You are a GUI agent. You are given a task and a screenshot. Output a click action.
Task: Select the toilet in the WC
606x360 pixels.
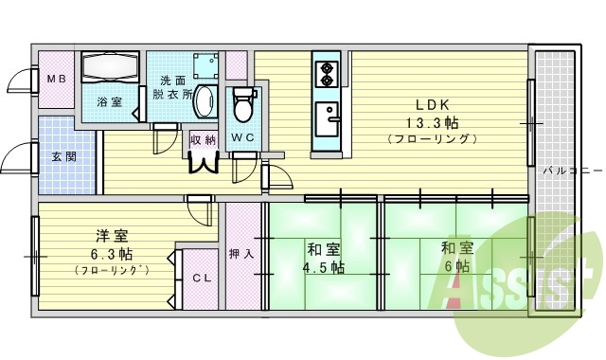[x=243, y=105]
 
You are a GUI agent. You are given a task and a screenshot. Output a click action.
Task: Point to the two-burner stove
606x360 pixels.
[x=328, y=72]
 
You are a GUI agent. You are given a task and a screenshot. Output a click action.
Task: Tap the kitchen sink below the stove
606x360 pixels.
[x=328, y=117]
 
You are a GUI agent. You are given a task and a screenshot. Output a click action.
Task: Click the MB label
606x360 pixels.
[x=56, y=79]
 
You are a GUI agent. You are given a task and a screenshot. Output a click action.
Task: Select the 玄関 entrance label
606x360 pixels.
[x=63, y=156]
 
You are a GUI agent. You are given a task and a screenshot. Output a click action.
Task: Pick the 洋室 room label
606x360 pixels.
[x=112, y=236]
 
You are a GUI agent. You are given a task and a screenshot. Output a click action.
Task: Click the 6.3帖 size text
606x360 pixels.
[x=112, y=255]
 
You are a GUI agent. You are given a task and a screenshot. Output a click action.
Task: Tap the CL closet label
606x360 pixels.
[x=201, y=279]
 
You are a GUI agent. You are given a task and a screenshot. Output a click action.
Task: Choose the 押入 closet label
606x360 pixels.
[x=241, y=254]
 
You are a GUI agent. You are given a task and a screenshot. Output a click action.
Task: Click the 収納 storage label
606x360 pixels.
[x=203, y=140]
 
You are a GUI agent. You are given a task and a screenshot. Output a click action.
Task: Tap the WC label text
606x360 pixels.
[x=242, y=138]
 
